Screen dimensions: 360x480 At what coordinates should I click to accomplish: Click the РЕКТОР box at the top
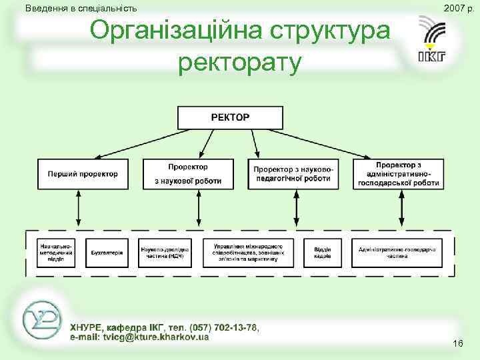click(x=230, y=117)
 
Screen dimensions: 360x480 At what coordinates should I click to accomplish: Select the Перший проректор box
click(x=82, y=173)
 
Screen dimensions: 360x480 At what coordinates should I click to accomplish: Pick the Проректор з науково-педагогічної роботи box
click(x=292, y=173)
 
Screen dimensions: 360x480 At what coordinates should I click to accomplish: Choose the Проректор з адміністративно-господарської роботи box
click(x=399, y=173)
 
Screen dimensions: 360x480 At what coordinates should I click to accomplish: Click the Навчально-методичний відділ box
click(x=56, y=253)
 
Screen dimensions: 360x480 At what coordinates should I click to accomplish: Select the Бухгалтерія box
click(x=107, y=253)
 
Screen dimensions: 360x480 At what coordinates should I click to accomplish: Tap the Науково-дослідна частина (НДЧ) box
click(x=165, y=253)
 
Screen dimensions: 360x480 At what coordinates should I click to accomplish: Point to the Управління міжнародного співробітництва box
click(x=247, y=253)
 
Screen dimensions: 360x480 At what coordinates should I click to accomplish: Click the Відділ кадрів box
click(x=323, y=253)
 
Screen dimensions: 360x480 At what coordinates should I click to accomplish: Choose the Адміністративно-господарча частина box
click(x=397, y=253)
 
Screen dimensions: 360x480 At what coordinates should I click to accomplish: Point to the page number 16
click(x=458, y=343)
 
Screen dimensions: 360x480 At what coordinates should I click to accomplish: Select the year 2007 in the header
click(x=453, y=9)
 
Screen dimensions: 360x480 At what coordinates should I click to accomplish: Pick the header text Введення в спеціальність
click(x=81, y=9)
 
